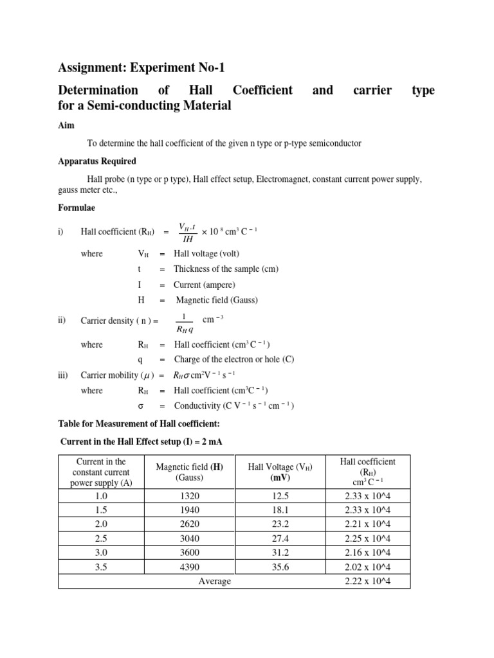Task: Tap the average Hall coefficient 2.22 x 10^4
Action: (x=368, y=582)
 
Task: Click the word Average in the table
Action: (x=214, y=582)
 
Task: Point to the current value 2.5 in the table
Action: (x=101, y=538)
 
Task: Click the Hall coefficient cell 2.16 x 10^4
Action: (x=368, y=553)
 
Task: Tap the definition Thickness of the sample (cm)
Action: (x=226, y=269)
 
